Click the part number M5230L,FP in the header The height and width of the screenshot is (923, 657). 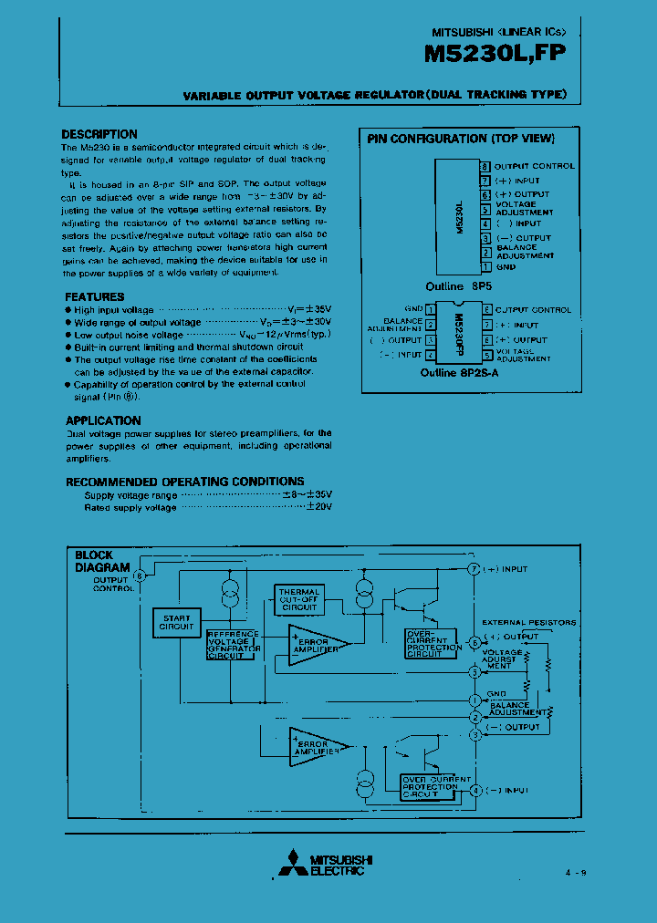495,54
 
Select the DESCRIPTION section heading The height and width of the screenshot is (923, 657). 99,134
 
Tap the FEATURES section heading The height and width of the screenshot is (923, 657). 95,296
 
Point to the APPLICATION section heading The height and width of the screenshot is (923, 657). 103,420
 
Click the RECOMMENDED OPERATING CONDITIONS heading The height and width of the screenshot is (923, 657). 185,481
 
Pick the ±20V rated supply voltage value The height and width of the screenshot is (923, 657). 318,506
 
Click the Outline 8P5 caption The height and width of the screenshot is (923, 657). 453,285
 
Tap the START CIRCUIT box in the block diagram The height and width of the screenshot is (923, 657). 176,622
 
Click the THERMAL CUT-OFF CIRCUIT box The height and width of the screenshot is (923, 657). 299,599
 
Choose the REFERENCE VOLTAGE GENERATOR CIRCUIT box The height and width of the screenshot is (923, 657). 234,644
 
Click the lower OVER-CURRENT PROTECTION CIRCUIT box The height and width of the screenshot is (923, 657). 433,786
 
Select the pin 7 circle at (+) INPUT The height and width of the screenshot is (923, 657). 474,569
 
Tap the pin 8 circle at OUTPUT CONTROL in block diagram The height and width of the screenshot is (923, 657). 140,576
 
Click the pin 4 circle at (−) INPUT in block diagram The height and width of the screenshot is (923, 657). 474,790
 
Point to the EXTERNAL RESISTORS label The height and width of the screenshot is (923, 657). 535,622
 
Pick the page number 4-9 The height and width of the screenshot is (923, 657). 575,873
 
